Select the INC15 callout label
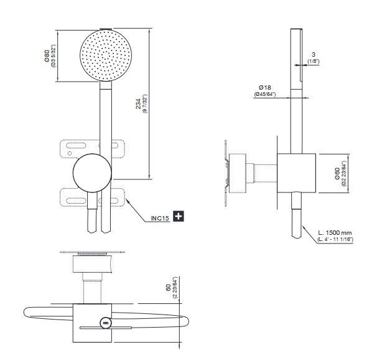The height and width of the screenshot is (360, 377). tap(161, 217)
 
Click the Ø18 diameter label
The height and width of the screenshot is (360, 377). tap(264, 87)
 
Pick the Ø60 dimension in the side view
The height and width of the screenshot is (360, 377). tap(337, 174)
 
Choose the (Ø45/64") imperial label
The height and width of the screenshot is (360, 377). tap(264, 95)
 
